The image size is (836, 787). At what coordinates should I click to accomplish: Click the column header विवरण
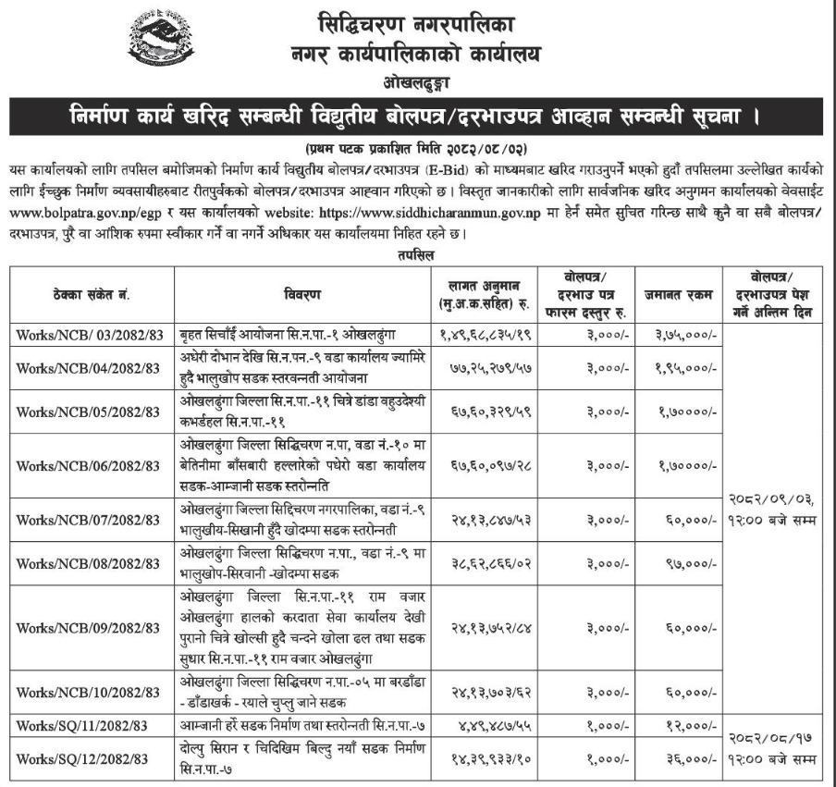[303, 294]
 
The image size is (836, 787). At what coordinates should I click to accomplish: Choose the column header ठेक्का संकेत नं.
[92, 294]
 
